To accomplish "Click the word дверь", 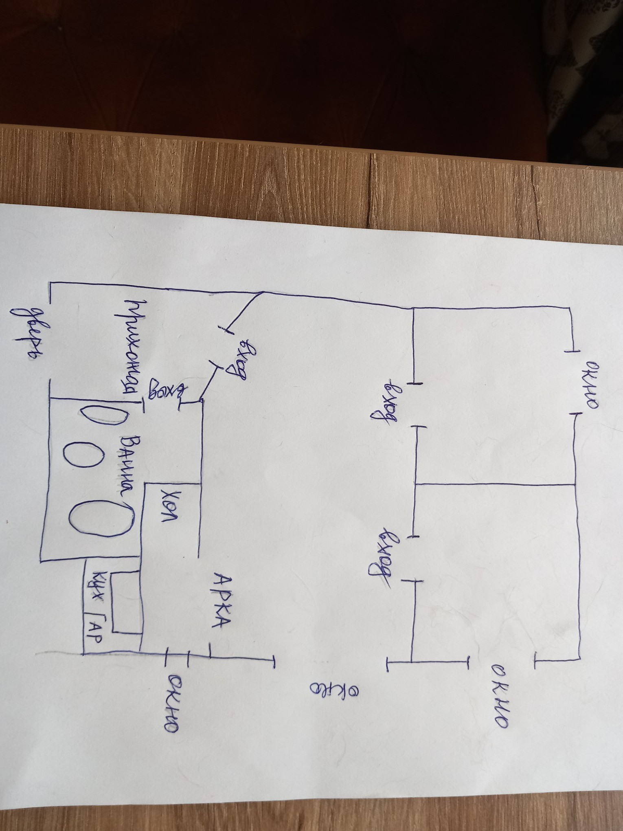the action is coord(29,332).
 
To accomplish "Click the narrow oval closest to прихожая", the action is coord(104,415).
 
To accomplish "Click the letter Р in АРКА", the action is coord(222,599).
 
